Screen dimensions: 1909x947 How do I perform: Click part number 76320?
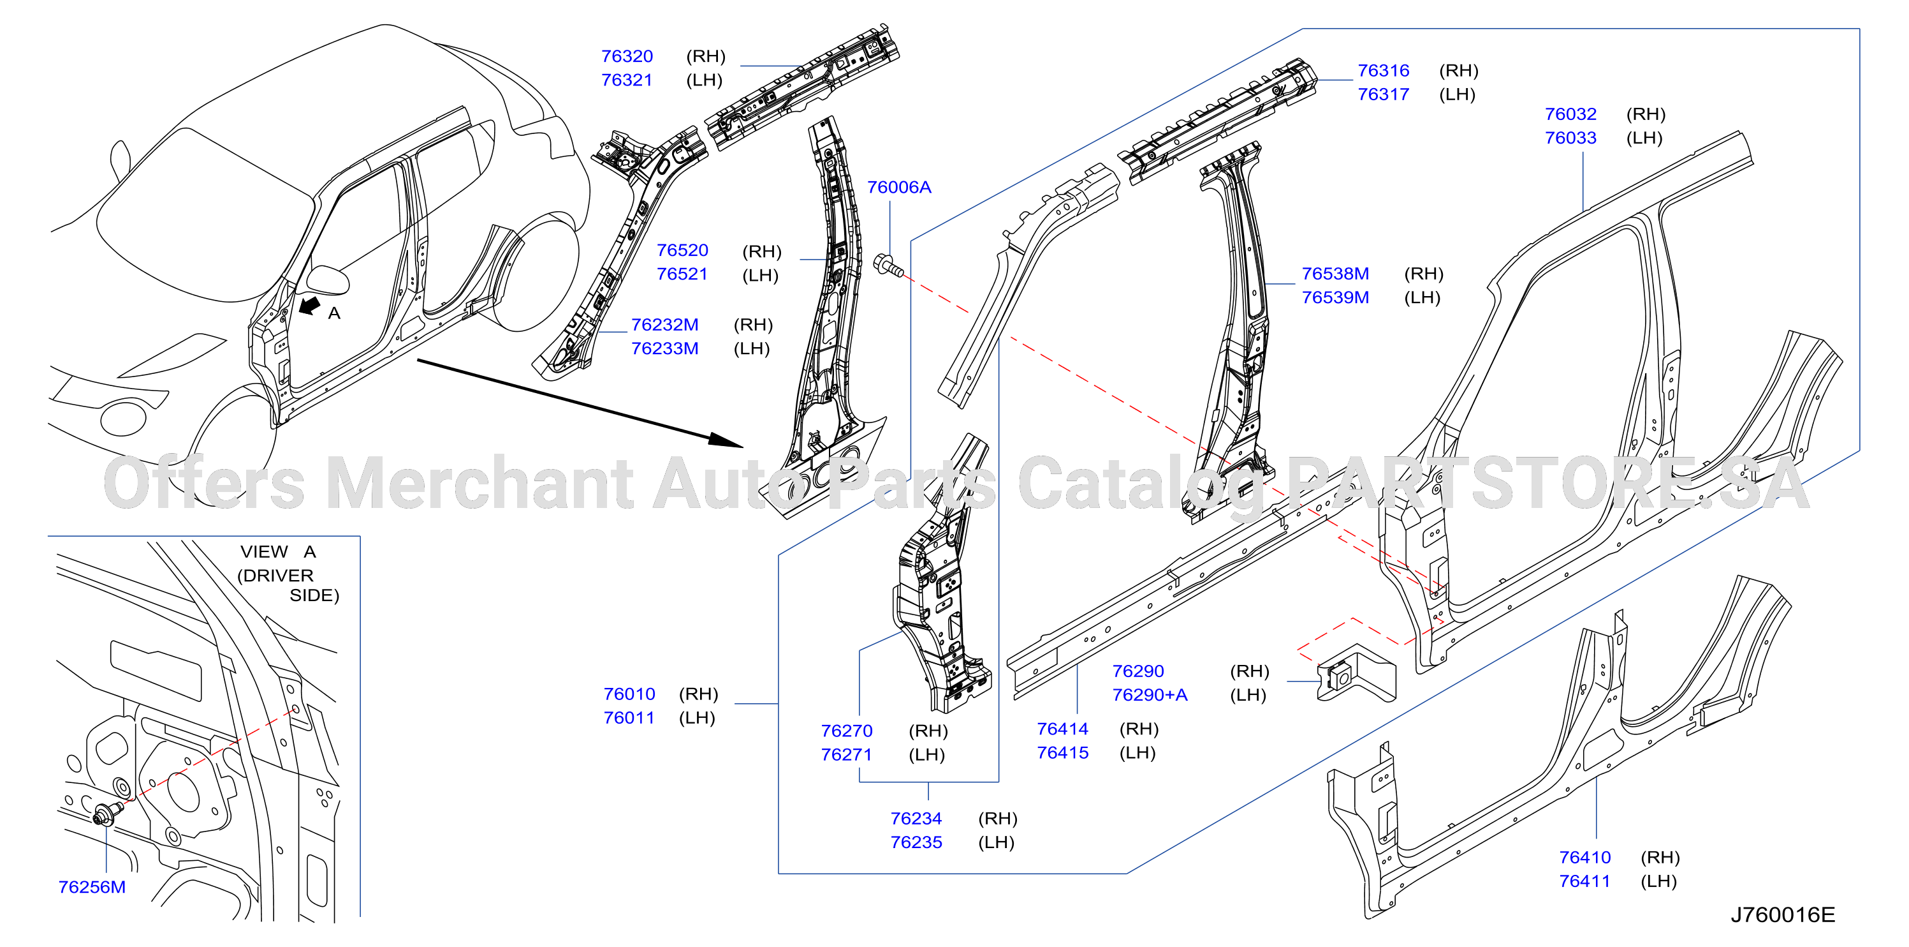(627, 56)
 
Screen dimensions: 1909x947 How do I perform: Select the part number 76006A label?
(899, 188)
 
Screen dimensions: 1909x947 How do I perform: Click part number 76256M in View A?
(92, 887)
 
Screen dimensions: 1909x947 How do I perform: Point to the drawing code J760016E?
(1782, 914)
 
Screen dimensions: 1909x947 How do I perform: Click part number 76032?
(1570, 114)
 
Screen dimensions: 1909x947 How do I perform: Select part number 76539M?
(1335, 297)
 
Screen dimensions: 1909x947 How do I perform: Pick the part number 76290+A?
(1150, 695)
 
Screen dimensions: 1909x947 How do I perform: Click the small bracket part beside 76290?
(1356, 673)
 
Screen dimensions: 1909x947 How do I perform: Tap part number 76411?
(1584, 881)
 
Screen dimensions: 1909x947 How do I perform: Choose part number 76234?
(916, 819)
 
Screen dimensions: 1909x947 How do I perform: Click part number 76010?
(629, 694)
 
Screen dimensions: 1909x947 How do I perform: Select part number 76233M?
(665, 348)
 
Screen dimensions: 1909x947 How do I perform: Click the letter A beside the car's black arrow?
(334, 314)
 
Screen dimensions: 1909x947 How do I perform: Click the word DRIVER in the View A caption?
(279, 576)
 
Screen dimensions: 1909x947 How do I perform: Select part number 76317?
(1383, 95)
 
